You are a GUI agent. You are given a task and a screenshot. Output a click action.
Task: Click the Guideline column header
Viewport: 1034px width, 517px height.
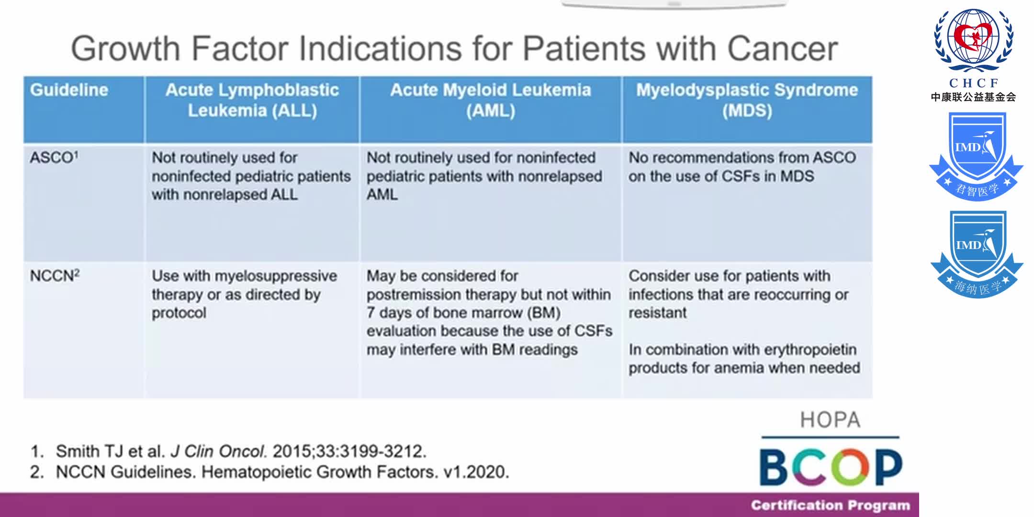point(69,90)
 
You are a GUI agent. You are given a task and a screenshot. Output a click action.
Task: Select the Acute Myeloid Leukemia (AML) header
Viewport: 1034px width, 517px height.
point(491,100)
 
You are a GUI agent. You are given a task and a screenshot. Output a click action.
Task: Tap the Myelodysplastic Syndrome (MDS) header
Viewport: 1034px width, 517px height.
point(747,100)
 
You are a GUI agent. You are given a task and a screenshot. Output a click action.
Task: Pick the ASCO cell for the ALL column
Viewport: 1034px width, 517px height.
point(251,176)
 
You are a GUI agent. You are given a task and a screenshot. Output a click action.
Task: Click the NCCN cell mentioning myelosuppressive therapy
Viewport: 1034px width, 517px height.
point(244,294)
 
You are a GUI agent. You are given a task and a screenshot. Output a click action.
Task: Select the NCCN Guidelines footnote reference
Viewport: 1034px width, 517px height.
point(282,472)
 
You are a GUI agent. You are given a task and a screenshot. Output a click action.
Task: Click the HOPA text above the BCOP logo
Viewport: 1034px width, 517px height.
point(830,420)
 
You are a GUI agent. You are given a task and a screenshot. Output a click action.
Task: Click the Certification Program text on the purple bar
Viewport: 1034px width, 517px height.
point(830,506)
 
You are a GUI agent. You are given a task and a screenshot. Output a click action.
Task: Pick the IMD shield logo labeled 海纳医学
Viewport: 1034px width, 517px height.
point(977,254)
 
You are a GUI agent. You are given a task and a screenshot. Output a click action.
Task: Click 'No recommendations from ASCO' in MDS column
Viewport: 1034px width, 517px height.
point(742,157)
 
